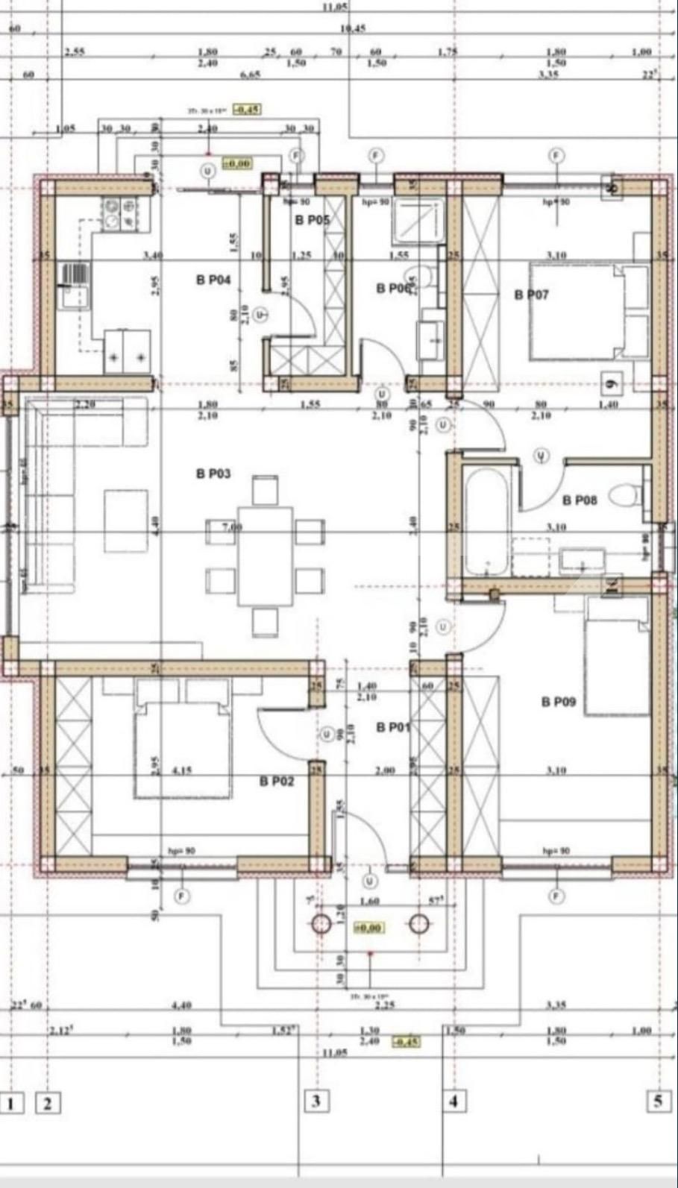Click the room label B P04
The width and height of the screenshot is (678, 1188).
point(213,280)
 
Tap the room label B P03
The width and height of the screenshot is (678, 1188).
point(213,474)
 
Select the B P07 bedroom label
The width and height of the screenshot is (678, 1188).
point(531,295)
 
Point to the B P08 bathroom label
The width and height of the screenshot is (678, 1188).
point(579,500)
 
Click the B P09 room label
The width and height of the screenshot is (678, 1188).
point(559,702)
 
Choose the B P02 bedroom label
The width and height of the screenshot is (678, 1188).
point(277,782)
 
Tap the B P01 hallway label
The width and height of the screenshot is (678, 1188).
point(393,727)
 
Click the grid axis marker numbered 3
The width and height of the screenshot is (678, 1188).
point(316,1101)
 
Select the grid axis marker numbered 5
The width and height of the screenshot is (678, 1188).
point(657,1101)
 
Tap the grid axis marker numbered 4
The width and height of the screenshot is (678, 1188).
point(453,1101)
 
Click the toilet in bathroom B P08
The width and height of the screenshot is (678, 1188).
point(624,494)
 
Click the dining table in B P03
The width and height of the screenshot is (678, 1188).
point(266,556)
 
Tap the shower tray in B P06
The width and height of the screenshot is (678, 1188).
point(418,220)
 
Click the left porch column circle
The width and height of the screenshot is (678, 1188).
point(321,924)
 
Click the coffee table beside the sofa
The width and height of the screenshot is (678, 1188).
point(125,520)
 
